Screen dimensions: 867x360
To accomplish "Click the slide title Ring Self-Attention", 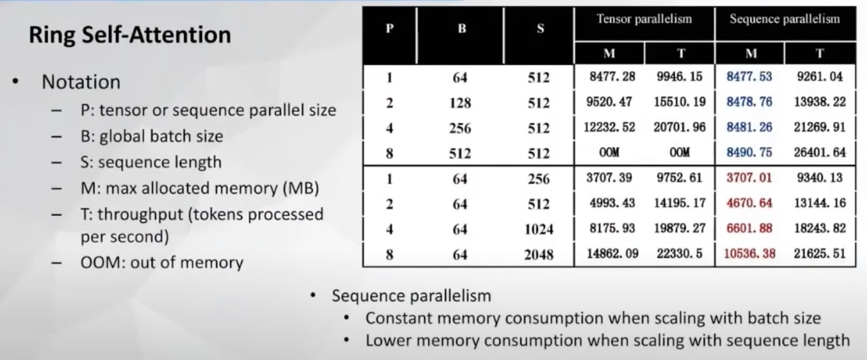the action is (x=130, y=35).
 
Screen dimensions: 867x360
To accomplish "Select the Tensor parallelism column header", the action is (x=644, y=19).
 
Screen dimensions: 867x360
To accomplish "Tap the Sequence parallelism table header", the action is (x=785, y=19).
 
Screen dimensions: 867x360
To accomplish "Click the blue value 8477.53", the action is (x=749, y=77).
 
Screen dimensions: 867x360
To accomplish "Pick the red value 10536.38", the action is (x=750, y=254).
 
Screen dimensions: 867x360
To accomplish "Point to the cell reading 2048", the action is (x=539, y=255).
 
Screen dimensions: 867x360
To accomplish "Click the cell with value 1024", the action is (x=539, y=230).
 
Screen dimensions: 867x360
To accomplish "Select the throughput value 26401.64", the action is (x=820, y=153).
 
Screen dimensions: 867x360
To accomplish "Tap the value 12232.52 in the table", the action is (x=609, y=128).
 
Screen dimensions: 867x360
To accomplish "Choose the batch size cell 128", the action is (x=460, y=103).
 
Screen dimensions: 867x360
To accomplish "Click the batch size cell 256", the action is (x=460, y=128).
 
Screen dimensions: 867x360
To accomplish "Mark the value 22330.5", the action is (x=679, y=254).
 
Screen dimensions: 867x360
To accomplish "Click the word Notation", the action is (x=81, y=82).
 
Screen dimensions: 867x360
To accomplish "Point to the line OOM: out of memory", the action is (x=162, y=263).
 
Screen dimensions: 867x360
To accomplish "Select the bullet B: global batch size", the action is (x=151, y=136).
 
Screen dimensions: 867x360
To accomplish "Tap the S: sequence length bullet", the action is (x=151, y=162).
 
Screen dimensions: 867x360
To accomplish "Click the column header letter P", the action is (x=390, y=29).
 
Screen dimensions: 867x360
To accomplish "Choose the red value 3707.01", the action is (x=749, y=178).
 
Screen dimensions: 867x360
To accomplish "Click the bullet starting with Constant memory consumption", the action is (x=593, y=318).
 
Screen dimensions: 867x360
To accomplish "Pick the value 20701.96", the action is (x=679, y=128).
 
